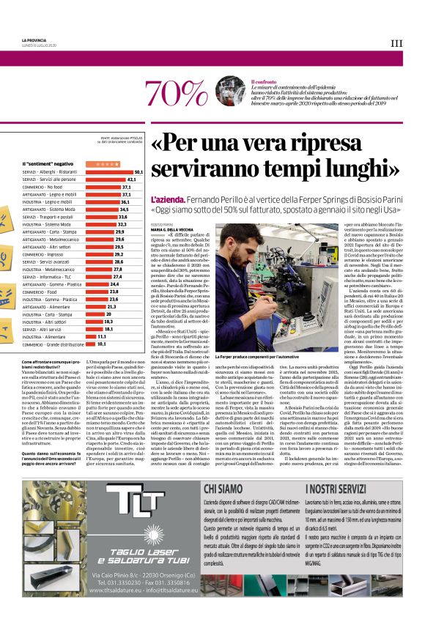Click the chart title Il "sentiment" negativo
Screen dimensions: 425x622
coord(48,163)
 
